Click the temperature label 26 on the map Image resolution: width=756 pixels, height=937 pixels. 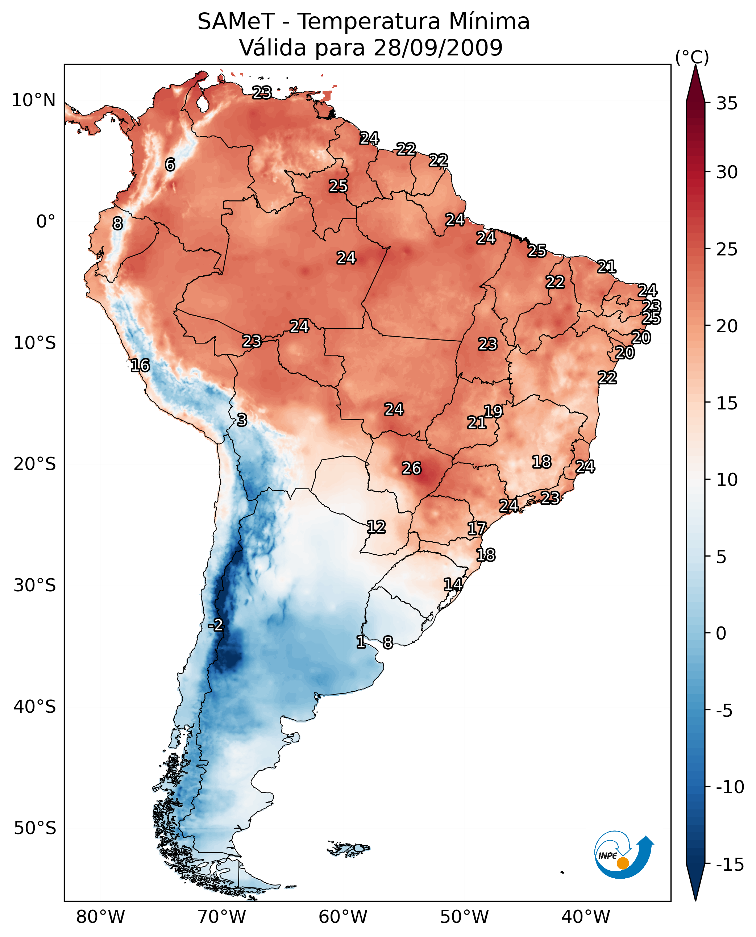(411, 468)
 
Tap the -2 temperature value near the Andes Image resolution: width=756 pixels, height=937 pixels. (216, 625)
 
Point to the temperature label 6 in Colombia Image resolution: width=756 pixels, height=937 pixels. (170, 165)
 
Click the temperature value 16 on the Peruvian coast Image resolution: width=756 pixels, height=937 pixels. (140, 365)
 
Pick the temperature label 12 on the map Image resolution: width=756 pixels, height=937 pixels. (376, 527)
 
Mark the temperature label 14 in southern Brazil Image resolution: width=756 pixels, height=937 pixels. (453, 584)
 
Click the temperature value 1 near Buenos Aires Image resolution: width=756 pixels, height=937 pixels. (361, 642)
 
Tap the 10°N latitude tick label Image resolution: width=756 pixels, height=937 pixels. (34, 101)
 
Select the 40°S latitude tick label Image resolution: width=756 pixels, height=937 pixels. (35, 706)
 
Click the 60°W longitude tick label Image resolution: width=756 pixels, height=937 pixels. (343, 917)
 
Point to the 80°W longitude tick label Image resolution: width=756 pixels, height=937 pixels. (101, 917)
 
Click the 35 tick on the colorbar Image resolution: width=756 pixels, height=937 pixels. (727, 104)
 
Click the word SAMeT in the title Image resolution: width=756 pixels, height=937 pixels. (236, 22)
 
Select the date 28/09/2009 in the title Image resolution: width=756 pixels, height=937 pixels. (438, 48)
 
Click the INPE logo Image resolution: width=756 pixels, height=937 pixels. (623, 855)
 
